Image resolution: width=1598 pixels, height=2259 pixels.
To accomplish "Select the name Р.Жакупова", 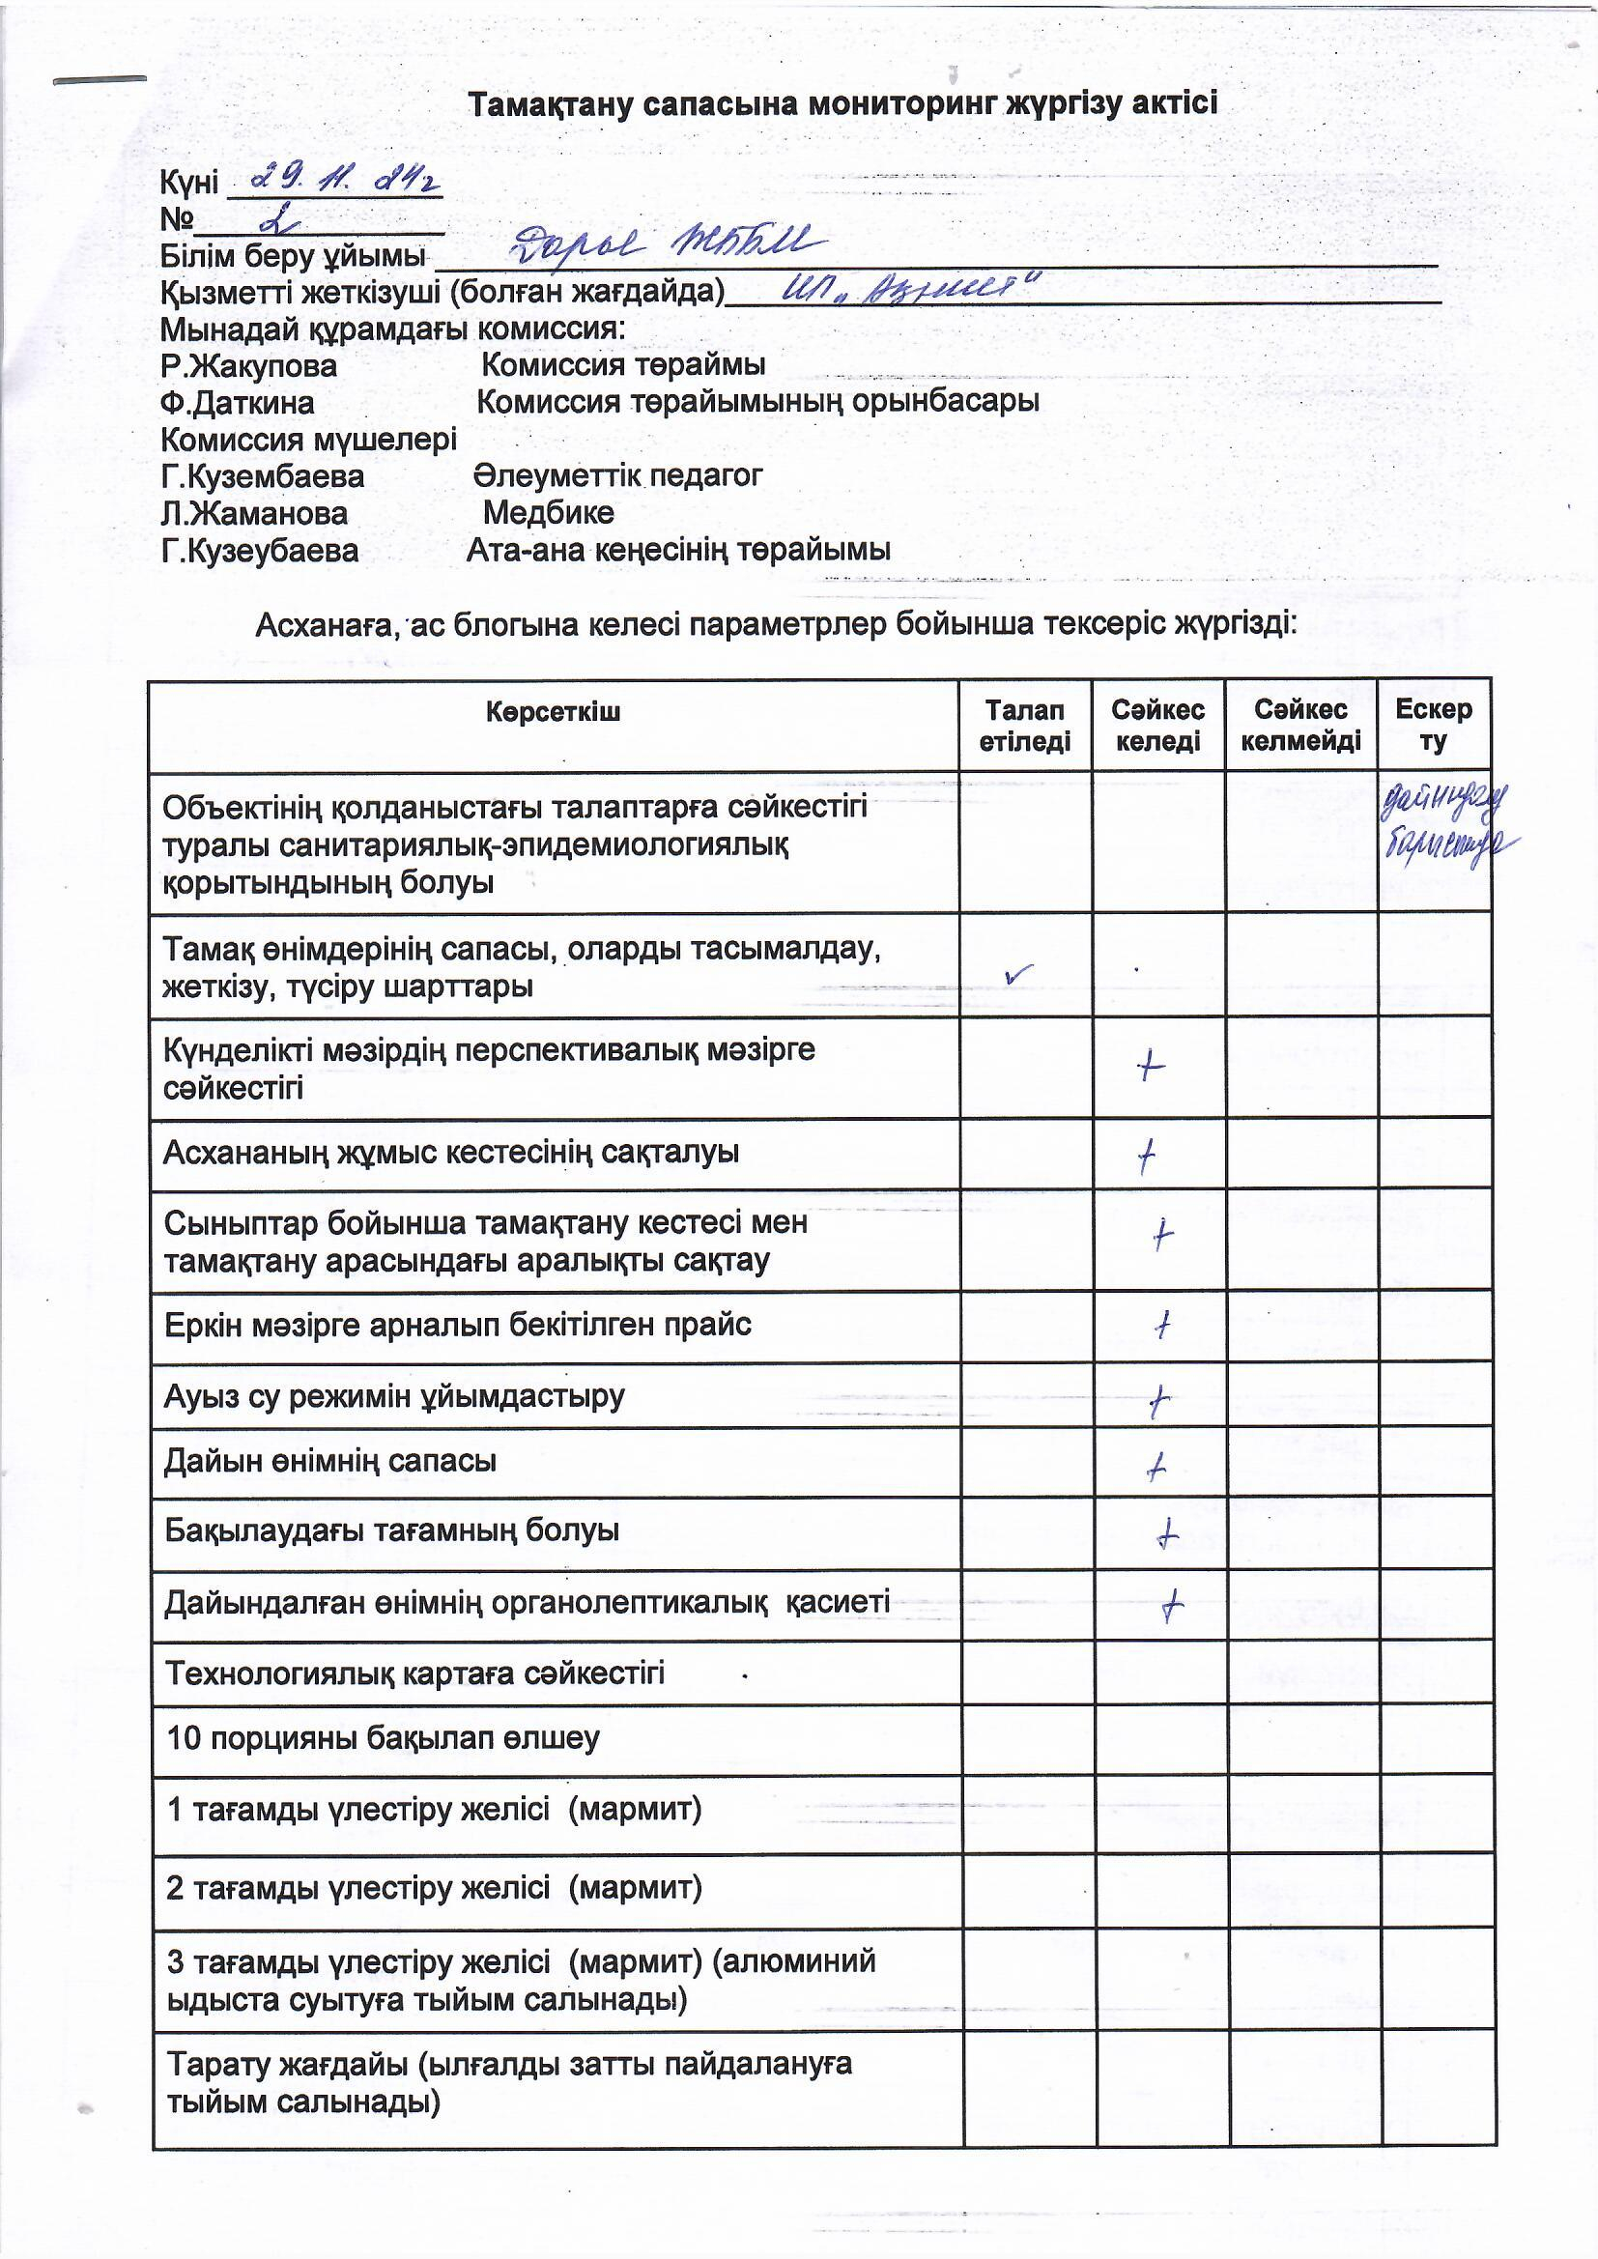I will (249, 366).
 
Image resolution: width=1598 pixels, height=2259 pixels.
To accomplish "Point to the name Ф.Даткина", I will (237, 402).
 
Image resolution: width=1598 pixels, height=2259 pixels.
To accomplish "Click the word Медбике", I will (548, 513).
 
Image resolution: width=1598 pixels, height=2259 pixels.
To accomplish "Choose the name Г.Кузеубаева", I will (260, 550).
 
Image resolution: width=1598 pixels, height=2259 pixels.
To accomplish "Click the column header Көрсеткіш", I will (553, 711).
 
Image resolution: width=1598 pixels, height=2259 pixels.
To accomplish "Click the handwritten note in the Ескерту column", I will (1445, 828).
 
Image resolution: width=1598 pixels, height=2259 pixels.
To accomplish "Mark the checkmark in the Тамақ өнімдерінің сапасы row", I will (1019, 973).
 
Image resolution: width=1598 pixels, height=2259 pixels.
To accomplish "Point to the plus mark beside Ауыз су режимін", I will (1159, 1401).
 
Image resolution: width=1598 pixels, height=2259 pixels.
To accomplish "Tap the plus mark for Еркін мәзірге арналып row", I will (1162, 1327).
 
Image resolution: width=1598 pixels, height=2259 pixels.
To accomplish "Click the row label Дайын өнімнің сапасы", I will (330, 1461).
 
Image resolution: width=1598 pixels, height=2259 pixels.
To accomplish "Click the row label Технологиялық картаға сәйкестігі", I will (414, 1673).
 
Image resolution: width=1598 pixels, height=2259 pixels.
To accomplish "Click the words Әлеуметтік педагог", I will (617, 476).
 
